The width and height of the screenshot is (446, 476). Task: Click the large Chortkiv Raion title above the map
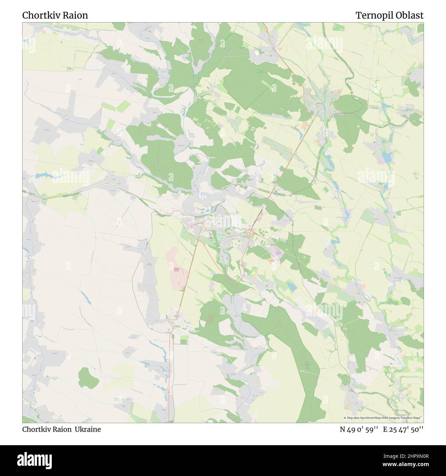coord(55,15)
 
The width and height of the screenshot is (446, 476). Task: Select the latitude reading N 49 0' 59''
coord(359,429)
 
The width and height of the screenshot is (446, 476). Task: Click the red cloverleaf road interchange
coord(251,233)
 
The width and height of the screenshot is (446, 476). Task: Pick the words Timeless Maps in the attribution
coord(412,418)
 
